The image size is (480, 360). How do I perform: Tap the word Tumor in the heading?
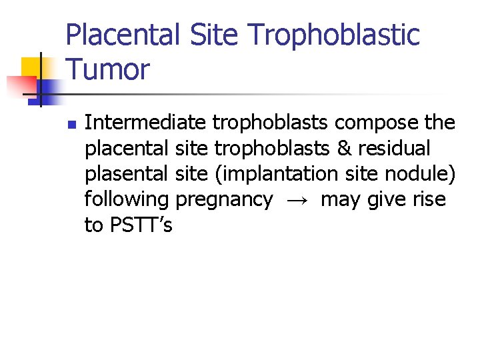click(108, 69)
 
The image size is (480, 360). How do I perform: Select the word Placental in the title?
click(123, 35)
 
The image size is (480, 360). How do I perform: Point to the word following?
click(127, 199)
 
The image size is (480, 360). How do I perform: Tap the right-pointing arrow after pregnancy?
click(297, 200)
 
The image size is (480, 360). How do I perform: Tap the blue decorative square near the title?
click(50, 87)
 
